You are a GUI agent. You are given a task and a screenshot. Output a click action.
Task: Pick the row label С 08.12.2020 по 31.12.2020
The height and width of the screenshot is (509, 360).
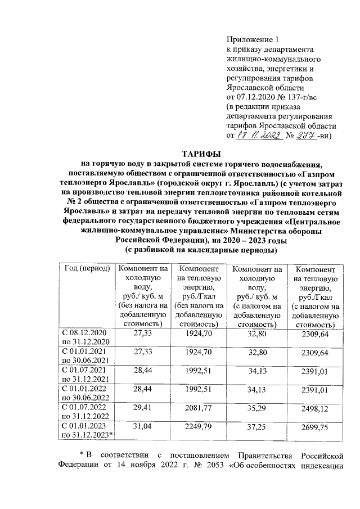(87, 337)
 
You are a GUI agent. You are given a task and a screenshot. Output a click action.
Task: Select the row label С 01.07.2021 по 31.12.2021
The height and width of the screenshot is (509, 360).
(87, 373)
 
